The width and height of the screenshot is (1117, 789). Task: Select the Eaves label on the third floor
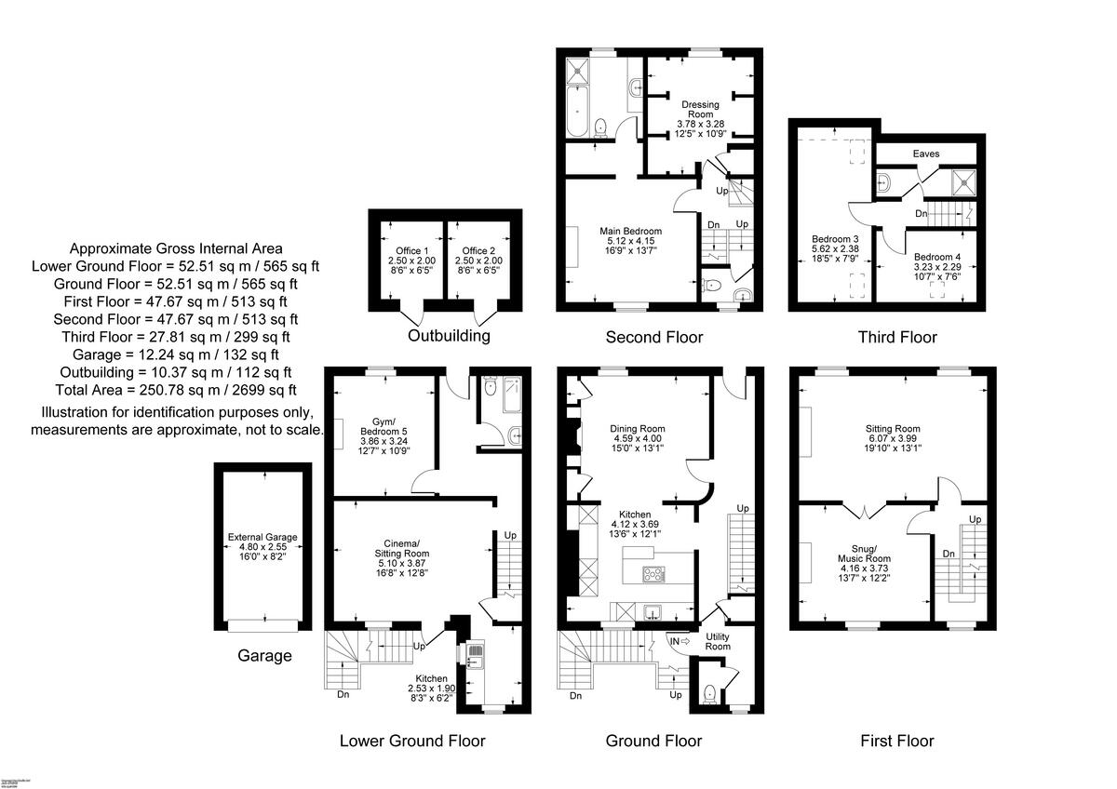(925, 154)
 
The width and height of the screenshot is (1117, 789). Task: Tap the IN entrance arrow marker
(679, 640)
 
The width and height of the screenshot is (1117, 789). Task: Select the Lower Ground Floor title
(411, 741)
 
